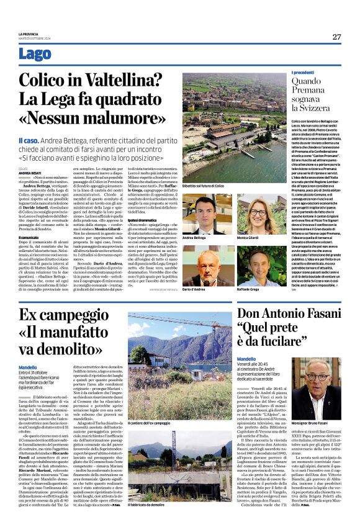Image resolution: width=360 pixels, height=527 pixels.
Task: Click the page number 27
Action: (x=336, y=37)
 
